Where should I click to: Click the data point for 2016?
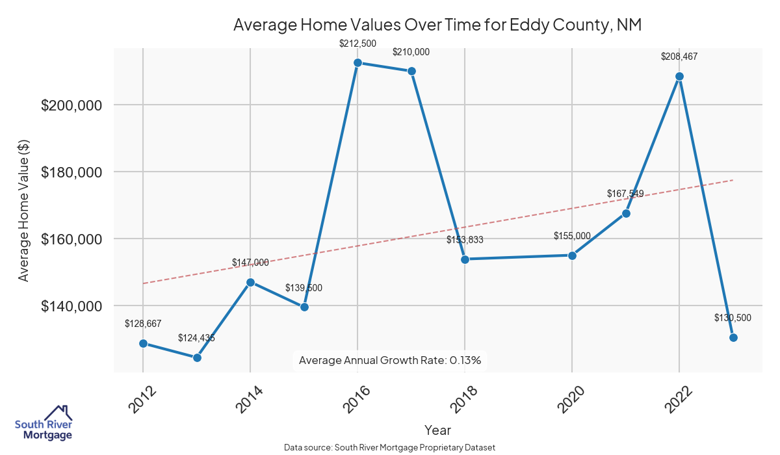tap(357, 63)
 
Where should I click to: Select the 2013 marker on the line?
tap(197, 357)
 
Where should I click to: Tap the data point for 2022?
tap(679, 76)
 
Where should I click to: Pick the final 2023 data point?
tap(733, 337)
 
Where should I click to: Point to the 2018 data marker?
tap(465, 259)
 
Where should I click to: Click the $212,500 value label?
tap(357, 44)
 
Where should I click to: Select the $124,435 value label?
tap(197, 338)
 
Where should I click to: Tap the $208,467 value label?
tap(679, 57)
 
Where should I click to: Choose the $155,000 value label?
tap(572, 236)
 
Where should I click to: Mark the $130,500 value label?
tap(733, 318)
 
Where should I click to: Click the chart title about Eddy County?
tap(437, 25)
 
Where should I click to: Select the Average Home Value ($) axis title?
tap(24, 210)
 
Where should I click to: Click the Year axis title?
tap(437, 430)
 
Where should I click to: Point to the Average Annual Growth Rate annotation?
tap(390, 360)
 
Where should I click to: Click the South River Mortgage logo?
tap(44, 423)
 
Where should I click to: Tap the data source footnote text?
tap(390, 448)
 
